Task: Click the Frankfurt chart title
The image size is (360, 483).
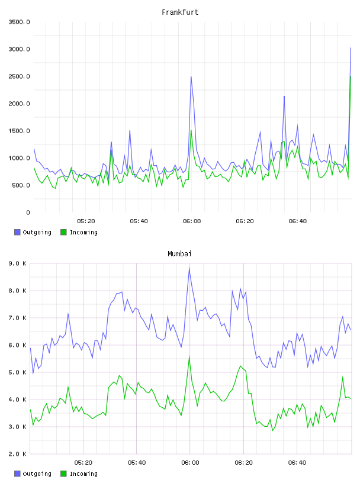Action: pyautogui.click(x=180, y=12)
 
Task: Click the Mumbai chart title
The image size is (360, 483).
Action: pyautogui.click(x=179, y=254)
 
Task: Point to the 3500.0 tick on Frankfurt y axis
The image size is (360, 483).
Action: pyautogui.click(x=19, y=22)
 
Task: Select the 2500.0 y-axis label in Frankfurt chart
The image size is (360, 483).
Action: pyautogui.click(x=19, y=76)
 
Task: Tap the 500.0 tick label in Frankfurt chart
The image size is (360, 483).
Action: pyautogui.click(x=21, y=185)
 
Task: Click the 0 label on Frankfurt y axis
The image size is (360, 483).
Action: pyautogui.click(x=28, y=212)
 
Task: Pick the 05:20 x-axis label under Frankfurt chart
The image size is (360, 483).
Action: pyautogui.click(x=86, y=221)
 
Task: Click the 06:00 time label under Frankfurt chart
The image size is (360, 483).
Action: pyautogui.click(x=192, y=221)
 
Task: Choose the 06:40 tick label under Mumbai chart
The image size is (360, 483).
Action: pyautogui.click(x=297, y=463)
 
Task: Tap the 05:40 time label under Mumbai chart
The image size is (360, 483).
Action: pyautogui.click(x=137, y=463)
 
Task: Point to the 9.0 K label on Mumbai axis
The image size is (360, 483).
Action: pyautogui.click(x=17, y=263)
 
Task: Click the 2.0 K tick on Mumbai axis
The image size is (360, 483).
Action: pyautogui.click(x=17, y=454)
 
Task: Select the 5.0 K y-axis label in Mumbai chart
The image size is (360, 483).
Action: pyautogui.click(x=17, y=372)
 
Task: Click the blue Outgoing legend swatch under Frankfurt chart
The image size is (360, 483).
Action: pyautogui.click(x=17, y=232)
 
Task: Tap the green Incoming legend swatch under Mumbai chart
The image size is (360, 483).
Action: pyautogui.click(x=63, y=474)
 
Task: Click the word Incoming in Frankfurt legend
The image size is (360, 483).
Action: pyautogui.click(x=83, y=233)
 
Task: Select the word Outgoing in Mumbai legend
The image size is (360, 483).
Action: pyautogui.click(x=37, y=474)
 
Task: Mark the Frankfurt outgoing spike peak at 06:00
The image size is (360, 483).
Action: pyautogui.click(x=191, y=77)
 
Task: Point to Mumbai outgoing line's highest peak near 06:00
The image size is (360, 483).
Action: pyautogui.click(x=189, y=268)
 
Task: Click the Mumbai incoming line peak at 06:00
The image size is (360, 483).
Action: pyautogui.click(x=189, y=356)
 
